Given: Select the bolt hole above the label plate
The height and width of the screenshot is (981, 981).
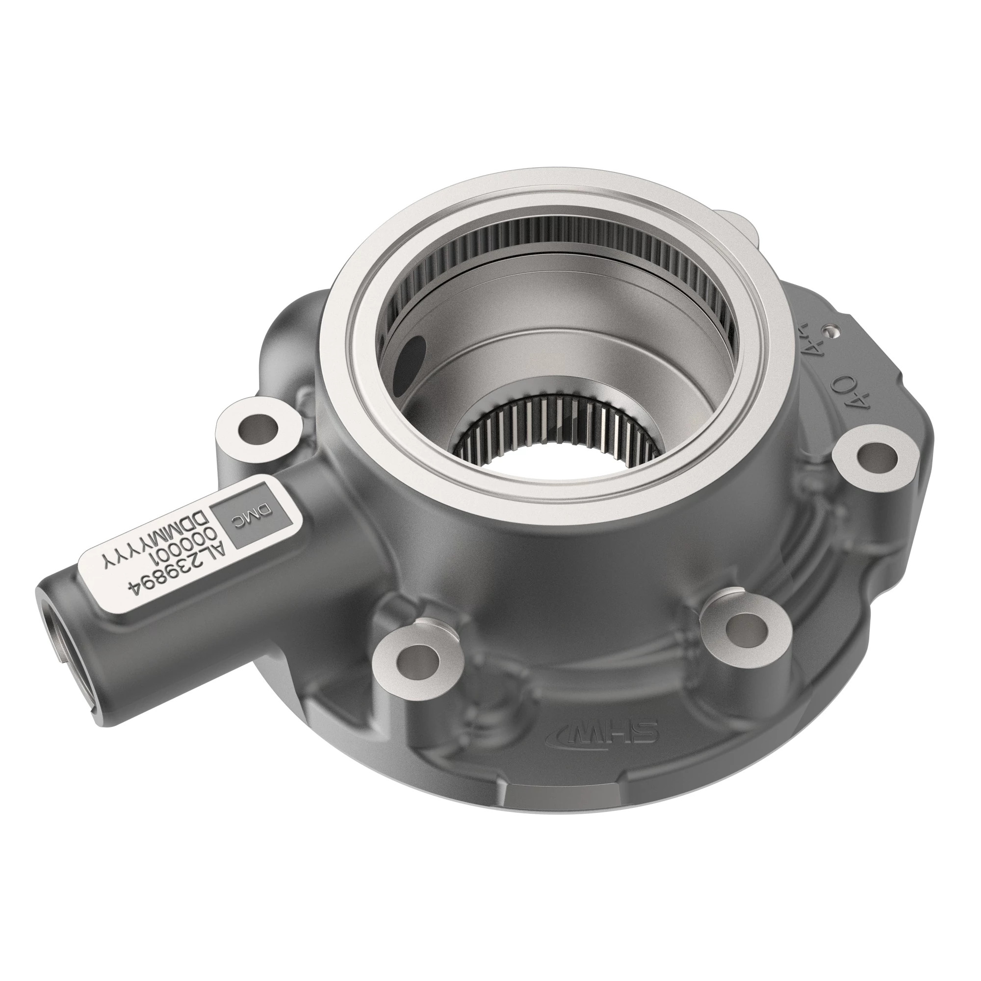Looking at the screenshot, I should tap(252, 431).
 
